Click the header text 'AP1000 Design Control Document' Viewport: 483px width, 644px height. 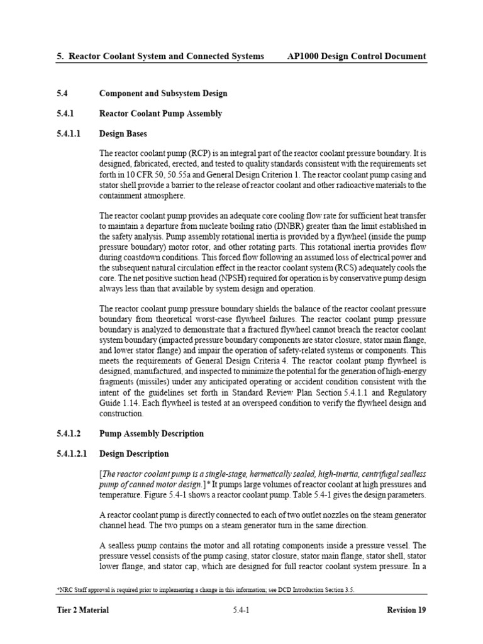(356, 57)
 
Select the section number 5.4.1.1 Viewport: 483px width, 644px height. (71, 134)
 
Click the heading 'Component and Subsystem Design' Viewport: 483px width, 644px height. (163, 94)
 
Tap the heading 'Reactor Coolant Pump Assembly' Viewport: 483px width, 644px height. (160, 114)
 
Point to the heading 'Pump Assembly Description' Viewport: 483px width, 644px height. (152, 433)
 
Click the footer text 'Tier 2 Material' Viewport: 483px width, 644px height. (82, 610)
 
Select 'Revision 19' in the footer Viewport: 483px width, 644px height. (404, 610)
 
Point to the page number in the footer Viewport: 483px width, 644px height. (241, 610)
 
